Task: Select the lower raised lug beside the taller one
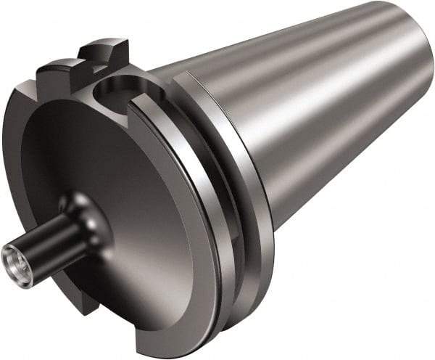tap(54, 73)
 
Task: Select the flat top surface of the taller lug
tap(101, 44)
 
